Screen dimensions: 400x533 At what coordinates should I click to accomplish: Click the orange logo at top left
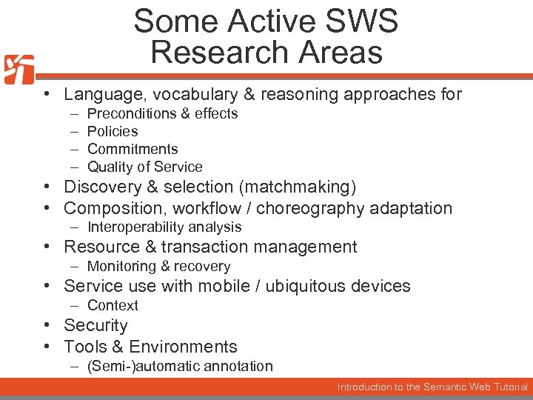(19, 70)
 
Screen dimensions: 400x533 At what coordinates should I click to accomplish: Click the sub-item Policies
(113, 131)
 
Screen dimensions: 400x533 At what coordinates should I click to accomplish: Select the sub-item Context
(113, 305)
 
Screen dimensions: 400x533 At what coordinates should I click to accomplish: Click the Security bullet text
(95, 325)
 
